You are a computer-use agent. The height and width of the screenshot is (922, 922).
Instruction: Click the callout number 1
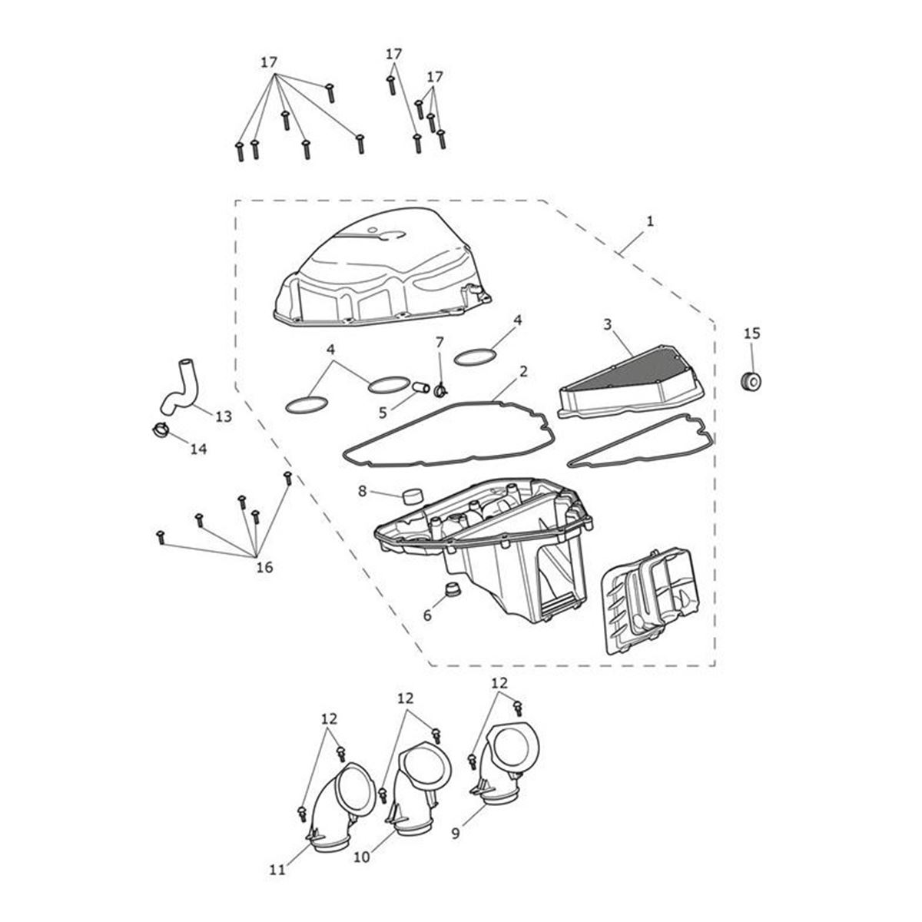tap(650, 221)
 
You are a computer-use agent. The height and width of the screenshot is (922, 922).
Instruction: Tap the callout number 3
tap(607, 324)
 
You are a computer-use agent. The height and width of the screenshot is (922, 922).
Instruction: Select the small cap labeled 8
tap(412, 496)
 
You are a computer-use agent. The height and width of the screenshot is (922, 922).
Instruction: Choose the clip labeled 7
tap(440, 391)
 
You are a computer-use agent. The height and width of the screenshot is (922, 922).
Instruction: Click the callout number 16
tap(264, 568)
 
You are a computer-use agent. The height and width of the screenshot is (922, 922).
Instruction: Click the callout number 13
tap(224, 416)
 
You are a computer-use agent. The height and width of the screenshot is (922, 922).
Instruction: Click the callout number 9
tap(455, 833)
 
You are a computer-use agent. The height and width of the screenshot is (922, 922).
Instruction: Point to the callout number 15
tap(751, 333)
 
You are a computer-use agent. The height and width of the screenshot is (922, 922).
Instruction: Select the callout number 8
tap(362, 492)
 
